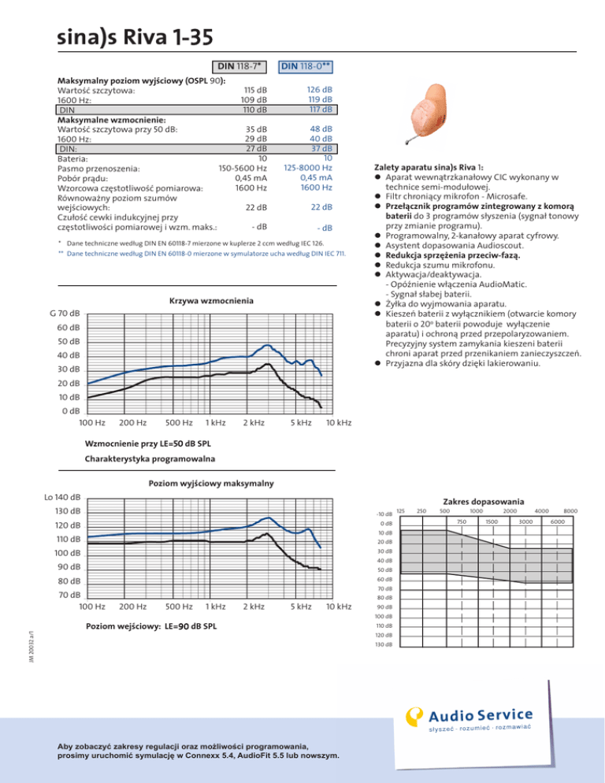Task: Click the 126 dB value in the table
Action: tap(319, 90)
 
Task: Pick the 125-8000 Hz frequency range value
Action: tap(307, 167)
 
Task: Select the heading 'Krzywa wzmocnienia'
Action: tap(212, 301)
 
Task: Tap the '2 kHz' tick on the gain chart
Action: tap(253, 423)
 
